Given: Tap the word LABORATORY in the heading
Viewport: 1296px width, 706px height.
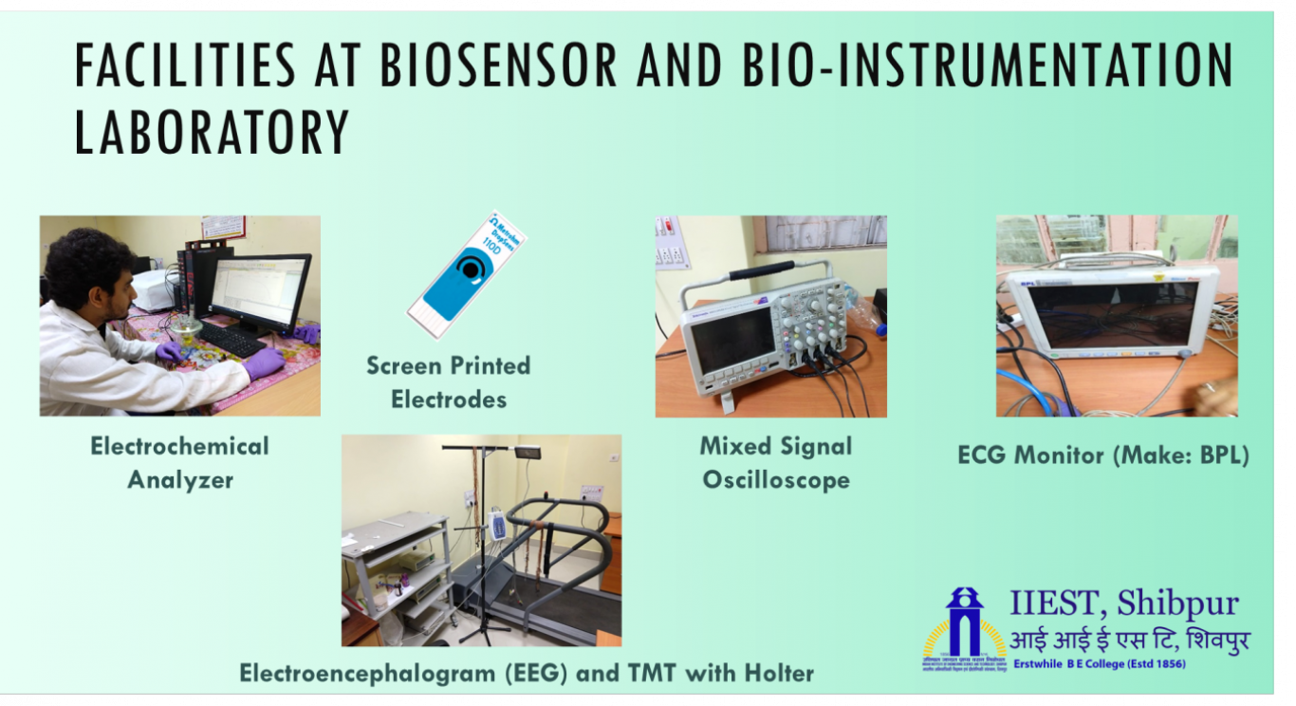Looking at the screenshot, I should [212, 133].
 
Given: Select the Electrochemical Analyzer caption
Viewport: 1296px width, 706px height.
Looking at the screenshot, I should [180, 462].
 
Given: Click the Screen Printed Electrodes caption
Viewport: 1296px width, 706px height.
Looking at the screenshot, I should [449, 381].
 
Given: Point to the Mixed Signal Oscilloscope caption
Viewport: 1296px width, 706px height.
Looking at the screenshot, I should [776, 462].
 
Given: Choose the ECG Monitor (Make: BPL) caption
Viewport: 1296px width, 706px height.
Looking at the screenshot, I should [1102, 455].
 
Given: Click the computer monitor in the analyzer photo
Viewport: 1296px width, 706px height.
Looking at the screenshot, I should [259, 289].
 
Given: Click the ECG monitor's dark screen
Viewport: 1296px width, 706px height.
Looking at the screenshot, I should [1112, 313].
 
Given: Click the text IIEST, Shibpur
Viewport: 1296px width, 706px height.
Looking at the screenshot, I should [1123, 604].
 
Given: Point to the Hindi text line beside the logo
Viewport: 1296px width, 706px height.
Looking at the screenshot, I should [1129, 639].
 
